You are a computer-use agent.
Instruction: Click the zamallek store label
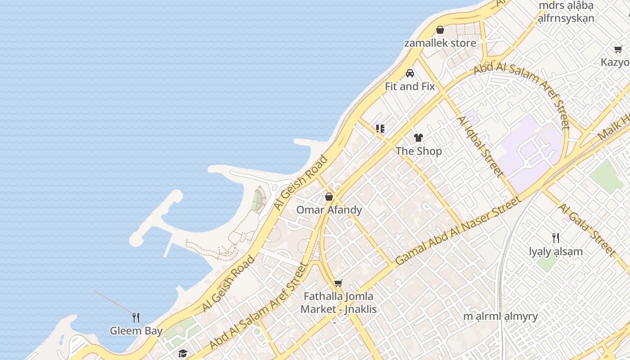[440, 43]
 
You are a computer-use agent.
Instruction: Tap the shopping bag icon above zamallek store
[440, 30]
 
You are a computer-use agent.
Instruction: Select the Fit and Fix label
[409, 86]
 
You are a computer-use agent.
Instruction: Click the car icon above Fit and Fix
[409, 73]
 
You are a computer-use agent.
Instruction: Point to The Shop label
[418, 151]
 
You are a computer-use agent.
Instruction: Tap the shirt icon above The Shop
[418, 138]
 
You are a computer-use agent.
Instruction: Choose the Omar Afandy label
[329, 210]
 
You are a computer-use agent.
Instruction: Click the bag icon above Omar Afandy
[329, 197]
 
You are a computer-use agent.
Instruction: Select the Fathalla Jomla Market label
[338, 303]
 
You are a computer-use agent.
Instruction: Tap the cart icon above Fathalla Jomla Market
[338, 283]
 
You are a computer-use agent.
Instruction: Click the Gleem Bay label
[136, 331]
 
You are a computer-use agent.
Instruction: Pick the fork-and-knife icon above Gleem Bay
[136, 318]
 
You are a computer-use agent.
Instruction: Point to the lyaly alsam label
[556, 252]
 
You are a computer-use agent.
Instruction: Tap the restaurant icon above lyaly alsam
[556, 238]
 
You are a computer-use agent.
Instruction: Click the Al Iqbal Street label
[480, 146]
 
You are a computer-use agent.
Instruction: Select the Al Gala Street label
[586, 230]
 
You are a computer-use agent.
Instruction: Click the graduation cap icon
[182, 354]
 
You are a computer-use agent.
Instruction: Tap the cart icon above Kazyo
[618, 49]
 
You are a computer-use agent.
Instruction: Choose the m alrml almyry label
[500, 316]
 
